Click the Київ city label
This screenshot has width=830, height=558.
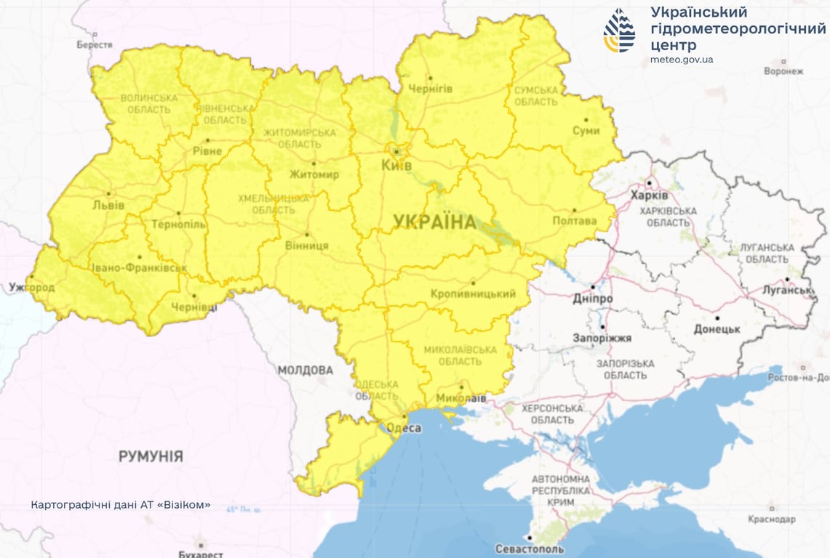point(396,166)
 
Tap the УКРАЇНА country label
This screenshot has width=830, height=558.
point(434,222)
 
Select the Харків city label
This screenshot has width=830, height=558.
point(650,196)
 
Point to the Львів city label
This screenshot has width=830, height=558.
point(108,206)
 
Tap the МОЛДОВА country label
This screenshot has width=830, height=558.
point(305,371)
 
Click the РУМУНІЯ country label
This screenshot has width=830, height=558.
point(151,456)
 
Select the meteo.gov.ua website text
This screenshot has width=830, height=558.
point(682,59)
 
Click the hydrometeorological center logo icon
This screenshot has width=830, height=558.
point(619,31)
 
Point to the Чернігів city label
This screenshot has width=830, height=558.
point(431,89)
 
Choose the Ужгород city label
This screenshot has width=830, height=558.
point(31,288)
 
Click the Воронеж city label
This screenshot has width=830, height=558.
point(783,71)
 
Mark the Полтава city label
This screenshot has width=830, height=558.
point(574,221)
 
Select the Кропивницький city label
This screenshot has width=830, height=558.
point(473,294)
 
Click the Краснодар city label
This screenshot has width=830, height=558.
point(771,519)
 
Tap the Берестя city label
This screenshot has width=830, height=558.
point(95,45)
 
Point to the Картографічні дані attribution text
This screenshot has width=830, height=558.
point(121,504)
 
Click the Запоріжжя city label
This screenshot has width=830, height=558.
point(602,338)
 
